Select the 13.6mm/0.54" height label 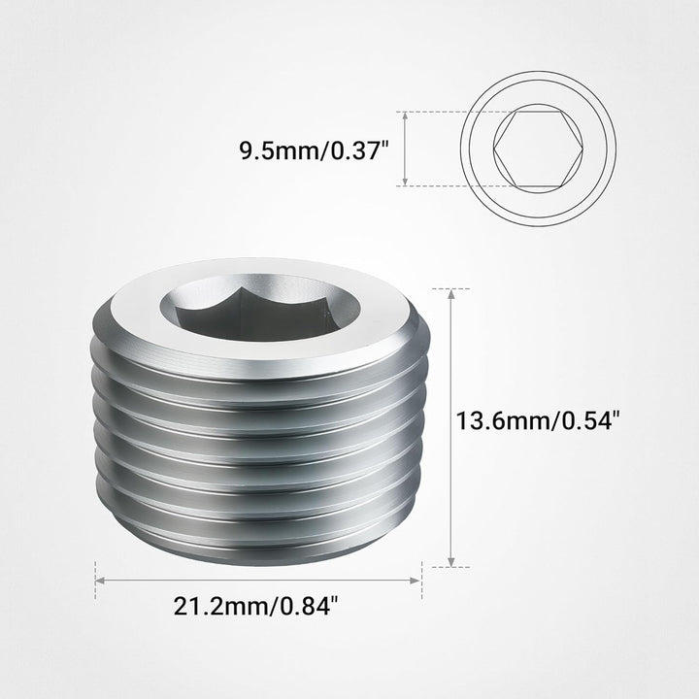click(x=537, y=420)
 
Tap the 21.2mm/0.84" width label click(x=256, y=607)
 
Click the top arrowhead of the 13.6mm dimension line click(x=451, y=292)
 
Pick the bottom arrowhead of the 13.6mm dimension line click(x=451, y=563)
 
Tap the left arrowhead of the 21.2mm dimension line click(x=99, y=581)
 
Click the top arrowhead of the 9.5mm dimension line click(x=405, y=115)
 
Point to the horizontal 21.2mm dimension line click(x=258, y=581)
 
